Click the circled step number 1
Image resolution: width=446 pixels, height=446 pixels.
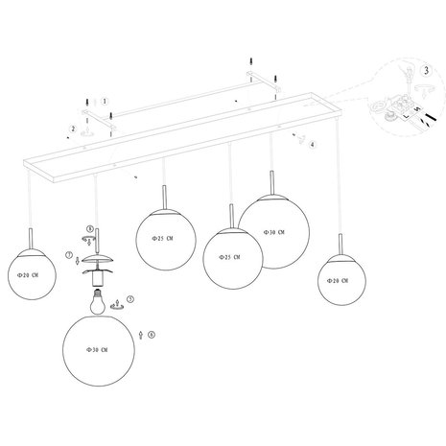click(x=106, y=99)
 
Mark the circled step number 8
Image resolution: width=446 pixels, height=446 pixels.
click(x=90, y=229)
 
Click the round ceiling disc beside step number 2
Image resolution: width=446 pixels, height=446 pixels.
click(x=87, y=122)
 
